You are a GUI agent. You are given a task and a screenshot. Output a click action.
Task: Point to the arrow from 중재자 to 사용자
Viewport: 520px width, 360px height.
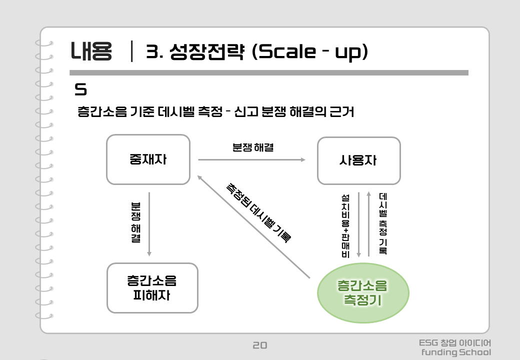(251, 160)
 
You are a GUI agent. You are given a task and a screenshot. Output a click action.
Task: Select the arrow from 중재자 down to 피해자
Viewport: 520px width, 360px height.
(149, 224)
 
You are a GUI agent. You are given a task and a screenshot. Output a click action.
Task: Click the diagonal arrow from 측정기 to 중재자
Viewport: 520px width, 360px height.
(253, 226)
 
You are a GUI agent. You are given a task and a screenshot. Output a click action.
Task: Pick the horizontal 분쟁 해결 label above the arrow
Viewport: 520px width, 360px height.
(253, 147)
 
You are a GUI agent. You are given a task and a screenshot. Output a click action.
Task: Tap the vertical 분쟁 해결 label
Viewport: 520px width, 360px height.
(136, 222)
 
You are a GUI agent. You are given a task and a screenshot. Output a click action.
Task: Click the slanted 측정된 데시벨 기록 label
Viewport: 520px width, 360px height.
(258, 213)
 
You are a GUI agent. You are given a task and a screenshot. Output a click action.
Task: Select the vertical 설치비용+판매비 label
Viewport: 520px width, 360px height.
(345, 226)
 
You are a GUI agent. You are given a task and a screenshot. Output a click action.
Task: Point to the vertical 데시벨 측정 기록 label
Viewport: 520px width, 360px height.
(382, 223)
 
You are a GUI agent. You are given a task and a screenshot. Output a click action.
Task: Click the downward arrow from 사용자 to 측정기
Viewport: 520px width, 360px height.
(358, 225)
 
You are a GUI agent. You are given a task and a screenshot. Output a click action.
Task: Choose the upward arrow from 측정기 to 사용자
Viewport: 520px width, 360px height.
(369, 224)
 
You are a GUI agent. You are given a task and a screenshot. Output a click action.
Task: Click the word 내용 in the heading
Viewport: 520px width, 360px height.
(91, 51)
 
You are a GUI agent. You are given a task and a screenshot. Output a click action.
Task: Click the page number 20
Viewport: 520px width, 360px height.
(259, 345)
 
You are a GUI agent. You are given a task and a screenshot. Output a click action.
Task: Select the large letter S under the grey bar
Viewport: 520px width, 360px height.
(80, 89)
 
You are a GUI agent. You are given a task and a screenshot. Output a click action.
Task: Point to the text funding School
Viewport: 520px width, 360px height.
(456, 352)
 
